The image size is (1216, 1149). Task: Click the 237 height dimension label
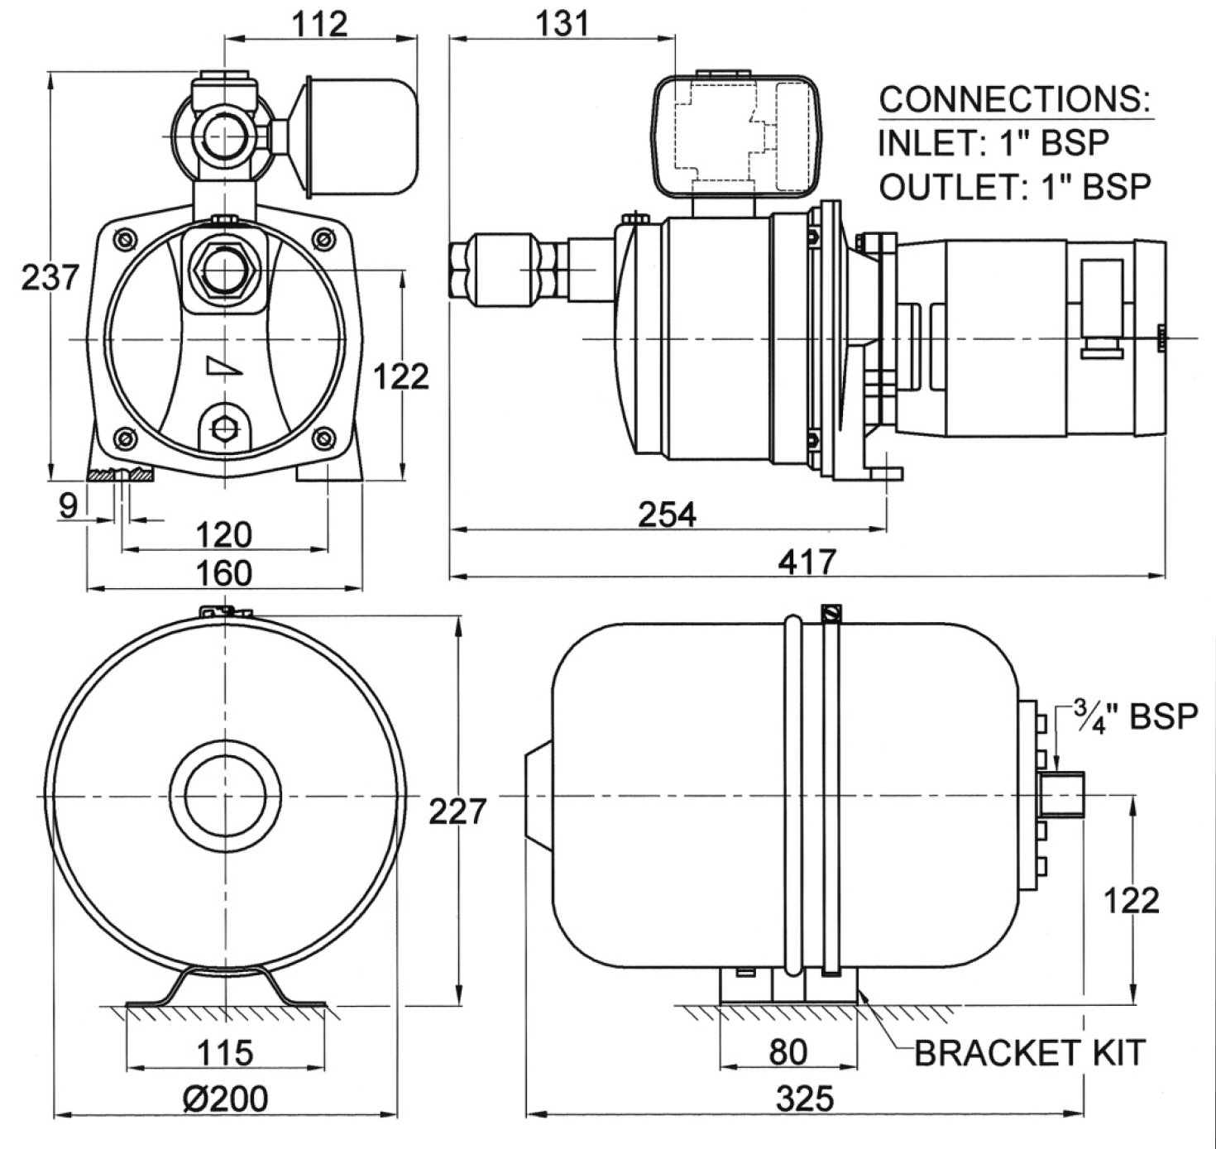[50, 277]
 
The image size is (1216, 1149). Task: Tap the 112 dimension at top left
[319, 25]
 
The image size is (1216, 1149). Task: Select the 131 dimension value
[562, 25]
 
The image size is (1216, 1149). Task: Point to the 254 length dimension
[667, 515]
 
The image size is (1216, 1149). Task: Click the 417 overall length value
[807, 563]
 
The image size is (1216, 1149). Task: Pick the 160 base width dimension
[223, 573]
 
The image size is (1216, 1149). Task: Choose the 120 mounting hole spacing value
[223, 534]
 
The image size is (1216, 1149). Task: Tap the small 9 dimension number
[69, 506]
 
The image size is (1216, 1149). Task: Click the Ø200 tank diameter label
[225, 1099]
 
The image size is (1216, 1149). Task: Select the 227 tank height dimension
[457, 811]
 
